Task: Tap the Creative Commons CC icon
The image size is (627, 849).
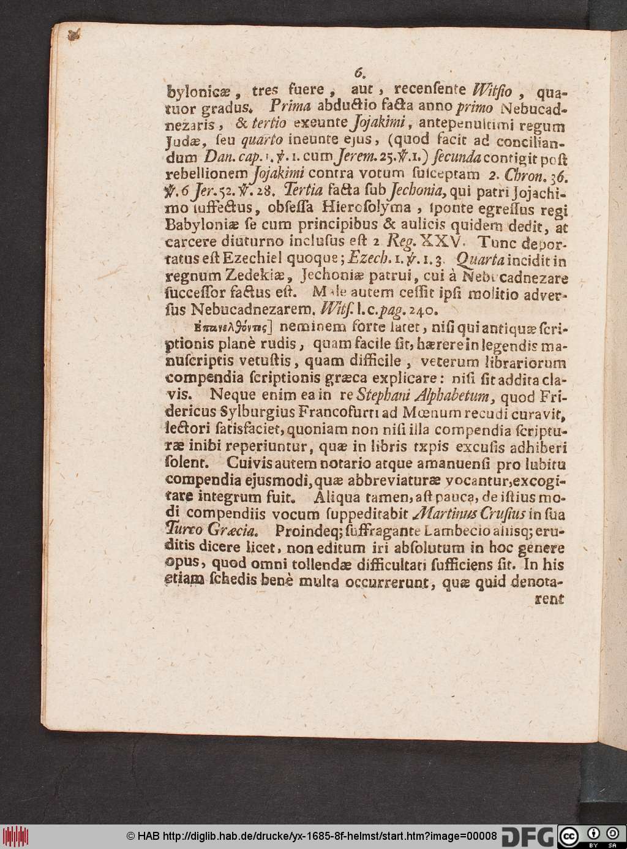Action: click(x=569, y=835)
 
